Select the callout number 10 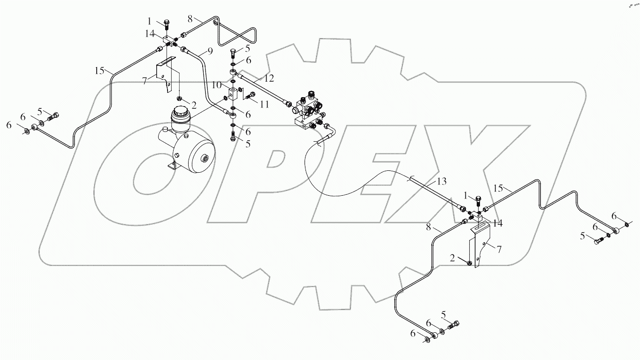pos(217,85)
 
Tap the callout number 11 pos(264,105)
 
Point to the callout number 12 pos(268,77)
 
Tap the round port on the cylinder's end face pos(205,160)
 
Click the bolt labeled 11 pos(250,96)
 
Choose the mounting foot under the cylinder pos(173,165)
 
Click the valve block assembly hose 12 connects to pos(308,111)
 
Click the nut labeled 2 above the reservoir pos(180,98)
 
